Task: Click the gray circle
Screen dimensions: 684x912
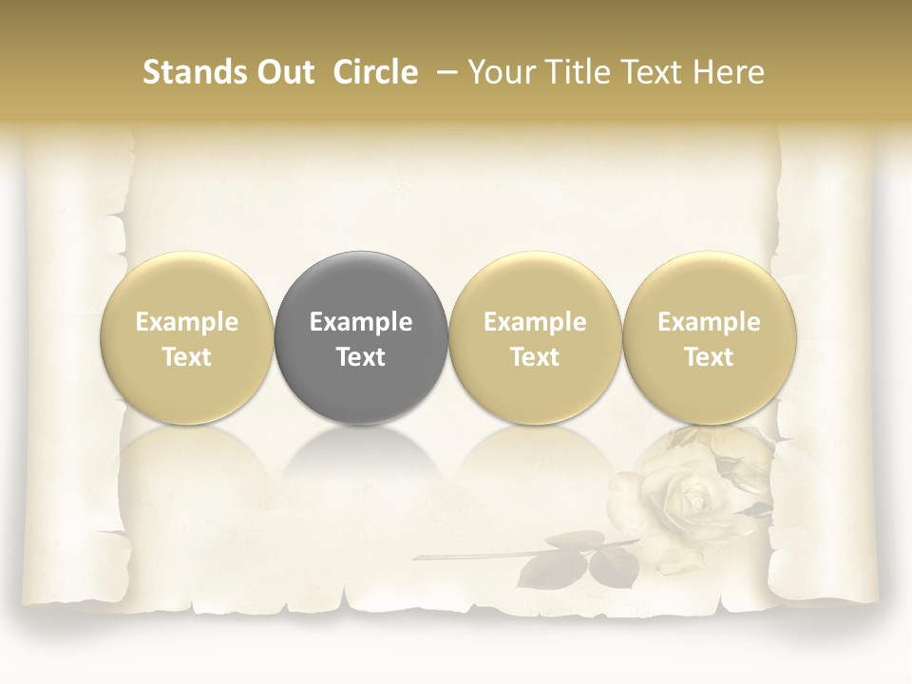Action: [361, 337]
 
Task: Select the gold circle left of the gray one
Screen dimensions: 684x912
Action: [187, 337]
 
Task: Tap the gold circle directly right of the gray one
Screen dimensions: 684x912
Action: [535, 337]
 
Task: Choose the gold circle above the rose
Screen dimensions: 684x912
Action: [710, 337]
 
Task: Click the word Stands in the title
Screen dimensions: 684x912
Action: [196, 72]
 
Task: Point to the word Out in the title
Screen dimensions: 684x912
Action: [286, 72]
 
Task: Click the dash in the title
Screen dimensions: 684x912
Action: [448, 72]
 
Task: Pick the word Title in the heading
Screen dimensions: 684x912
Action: [574, 72]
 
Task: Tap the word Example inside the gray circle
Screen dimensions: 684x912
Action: [361, 323]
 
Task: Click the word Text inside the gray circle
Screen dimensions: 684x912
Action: [361, 357]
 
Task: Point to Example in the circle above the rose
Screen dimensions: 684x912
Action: [710, 323]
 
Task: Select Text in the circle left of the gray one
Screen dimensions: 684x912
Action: [187, 357]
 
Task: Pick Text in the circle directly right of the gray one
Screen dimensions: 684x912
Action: [535, 357]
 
